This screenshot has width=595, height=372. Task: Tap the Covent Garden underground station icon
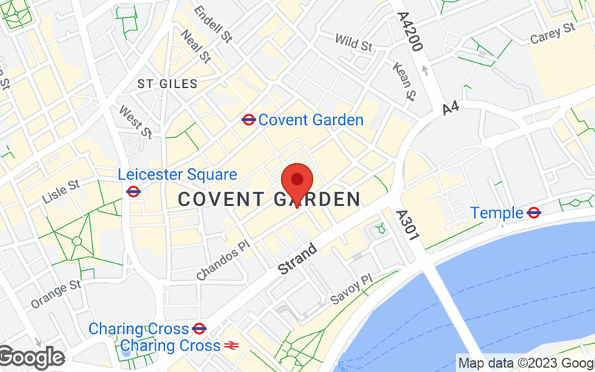248,120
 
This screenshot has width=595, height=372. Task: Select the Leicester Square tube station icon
134,191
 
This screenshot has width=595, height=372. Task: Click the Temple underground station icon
533,213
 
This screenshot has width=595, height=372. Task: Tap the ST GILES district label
168,84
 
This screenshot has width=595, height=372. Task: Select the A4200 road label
410,31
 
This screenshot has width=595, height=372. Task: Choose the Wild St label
353,43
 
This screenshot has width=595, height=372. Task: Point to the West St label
135,123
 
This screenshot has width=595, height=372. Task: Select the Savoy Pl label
350,289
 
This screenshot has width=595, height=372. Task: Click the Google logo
31,357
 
